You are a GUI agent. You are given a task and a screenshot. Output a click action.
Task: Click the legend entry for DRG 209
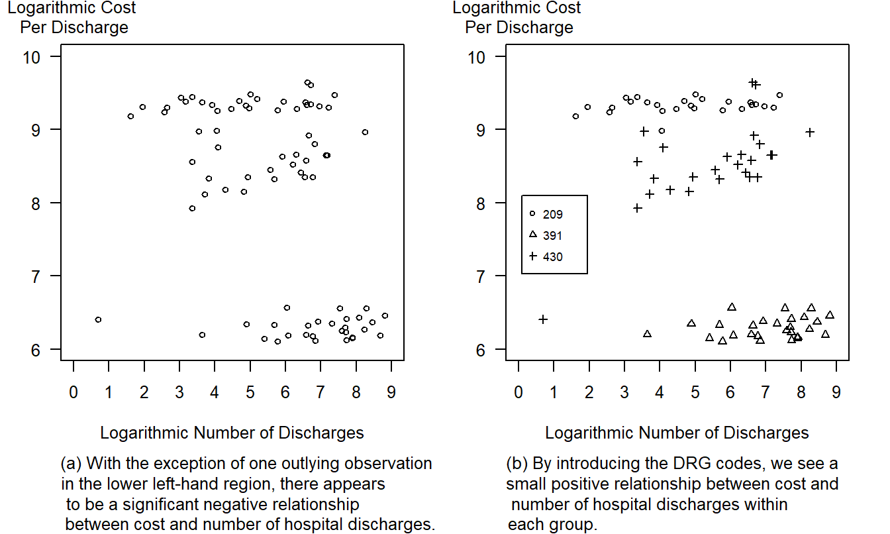coord(546,214)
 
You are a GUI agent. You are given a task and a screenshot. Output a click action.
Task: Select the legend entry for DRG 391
coord(546,235)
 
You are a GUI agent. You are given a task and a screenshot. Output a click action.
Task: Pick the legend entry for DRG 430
coord(546,256)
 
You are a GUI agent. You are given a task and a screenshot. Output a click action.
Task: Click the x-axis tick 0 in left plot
coord(74,392)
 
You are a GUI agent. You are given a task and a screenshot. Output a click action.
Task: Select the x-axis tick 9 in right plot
coord(836,392)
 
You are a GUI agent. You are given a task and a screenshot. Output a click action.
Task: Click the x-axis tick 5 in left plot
coord(250,392)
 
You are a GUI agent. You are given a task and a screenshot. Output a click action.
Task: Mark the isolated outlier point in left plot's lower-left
coord(98,319)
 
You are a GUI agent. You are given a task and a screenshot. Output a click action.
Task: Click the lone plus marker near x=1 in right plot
coord(543,319)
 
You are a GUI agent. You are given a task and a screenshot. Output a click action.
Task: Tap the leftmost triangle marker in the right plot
coord(647,334)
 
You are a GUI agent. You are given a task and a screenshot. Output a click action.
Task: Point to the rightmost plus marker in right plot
coord(809,132)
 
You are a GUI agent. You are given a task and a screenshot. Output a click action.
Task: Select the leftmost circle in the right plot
coord(575,116)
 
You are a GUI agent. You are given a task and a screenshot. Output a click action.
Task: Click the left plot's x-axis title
coord(232,433)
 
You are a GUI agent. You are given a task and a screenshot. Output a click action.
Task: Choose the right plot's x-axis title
coord(677,433)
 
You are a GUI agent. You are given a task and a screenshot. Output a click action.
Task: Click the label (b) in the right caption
coord(517,463)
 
